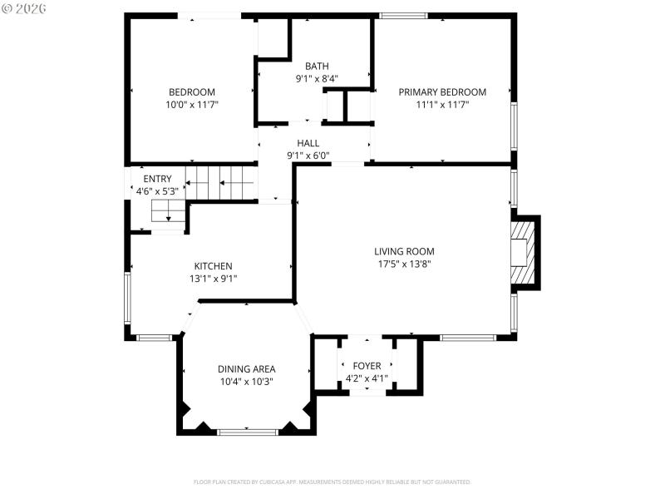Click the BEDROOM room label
click(x=192, y=92)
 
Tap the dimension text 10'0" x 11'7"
click(x=192, y=106)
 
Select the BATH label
click(x=317, y=67)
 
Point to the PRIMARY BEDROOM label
click(x=442, y=92)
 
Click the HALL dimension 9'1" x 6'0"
click(x=308, y=156)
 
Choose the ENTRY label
click(x=157, y=179)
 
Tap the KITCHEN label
click(x=214, y=266)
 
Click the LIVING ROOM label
click(x=404, y=251)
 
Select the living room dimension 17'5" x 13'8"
click(x=404, y=264)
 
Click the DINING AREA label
click(x=247, y=369)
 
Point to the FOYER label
click(x=367, y=366)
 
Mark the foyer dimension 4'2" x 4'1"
click(x=367, y=378)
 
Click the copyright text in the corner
click(x=24, y=7)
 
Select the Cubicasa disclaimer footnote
click(x=332, y=482)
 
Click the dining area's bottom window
click(x=247, y=431)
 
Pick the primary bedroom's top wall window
click(x=403, y=16)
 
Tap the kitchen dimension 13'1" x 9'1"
click(x=214, y=279)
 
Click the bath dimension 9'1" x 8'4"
click(x=317, y=80)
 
